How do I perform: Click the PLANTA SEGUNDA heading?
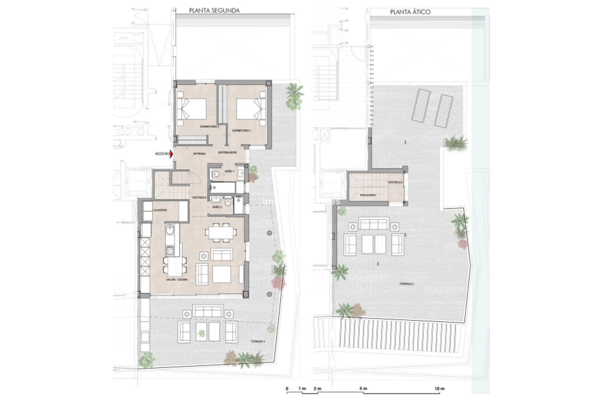[214, 11]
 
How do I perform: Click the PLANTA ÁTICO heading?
[410, 12]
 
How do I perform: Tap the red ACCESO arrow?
[171, 154]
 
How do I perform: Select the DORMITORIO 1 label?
[242, 130]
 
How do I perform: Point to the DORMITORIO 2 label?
[209, 127]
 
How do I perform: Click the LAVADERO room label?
[160, 210]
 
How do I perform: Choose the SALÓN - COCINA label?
[177, 280]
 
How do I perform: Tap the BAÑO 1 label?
[230, 171]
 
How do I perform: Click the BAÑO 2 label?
[217, 207]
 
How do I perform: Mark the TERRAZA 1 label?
[258, 341]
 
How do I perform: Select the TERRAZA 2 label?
[406, 284]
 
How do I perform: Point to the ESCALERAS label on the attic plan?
[368, 195]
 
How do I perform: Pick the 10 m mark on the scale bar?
[440, 389]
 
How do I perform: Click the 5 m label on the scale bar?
[363, 389]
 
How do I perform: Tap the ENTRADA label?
[199, 154]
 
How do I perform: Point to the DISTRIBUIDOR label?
[227, 153]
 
